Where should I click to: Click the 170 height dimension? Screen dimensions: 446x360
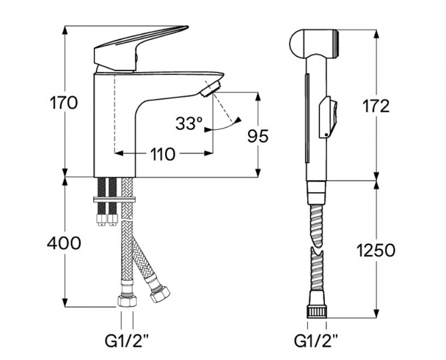[x=64, y=103]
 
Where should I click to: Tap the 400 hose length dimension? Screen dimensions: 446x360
[x=64, y=243]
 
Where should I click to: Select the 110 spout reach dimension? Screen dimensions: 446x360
[x=162, y=154]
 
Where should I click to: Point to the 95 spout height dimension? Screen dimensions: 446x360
[x=258, y=136]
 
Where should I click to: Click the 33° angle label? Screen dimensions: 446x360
[x=189, y=123]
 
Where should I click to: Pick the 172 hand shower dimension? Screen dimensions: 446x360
[x=376, y=106]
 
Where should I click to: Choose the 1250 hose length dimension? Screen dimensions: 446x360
[x=376, y=250]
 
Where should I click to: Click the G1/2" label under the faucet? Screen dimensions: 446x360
[x=126, y=341]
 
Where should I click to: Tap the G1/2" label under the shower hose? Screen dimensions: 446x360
[x=316, y=341]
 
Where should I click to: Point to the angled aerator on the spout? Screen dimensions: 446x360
[x=210, y=89]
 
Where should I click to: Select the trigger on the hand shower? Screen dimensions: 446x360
[x=328, y=117]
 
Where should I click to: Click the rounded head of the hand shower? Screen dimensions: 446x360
[x=314, y=44]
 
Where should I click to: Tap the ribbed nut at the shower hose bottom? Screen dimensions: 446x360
[x=317, y=311]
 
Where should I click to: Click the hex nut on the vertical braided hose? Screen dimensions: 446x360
[x=127, y=300]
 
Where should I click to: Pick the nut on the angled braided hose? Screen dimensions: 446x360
[x=160, y=294]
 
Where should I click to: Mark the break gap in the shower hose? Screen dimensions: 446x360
[x=317, y=249]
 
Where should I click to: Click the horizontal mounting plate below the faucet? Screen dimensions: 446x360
[x=114, y=200]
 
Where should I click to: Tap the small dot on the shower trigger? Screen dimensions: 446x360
[x=326, y=135]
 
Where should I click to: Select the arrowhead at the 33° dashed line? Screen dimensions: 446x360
[x=237, y=120]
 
